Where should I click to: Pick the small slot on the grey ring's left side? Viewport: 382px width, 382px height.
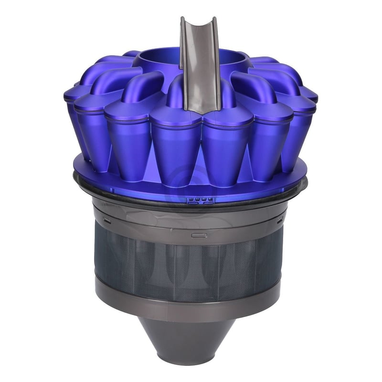[x=107, y=220]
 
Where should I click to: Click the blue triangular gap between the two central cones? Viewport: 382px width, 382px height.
[x=199, y=172]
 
